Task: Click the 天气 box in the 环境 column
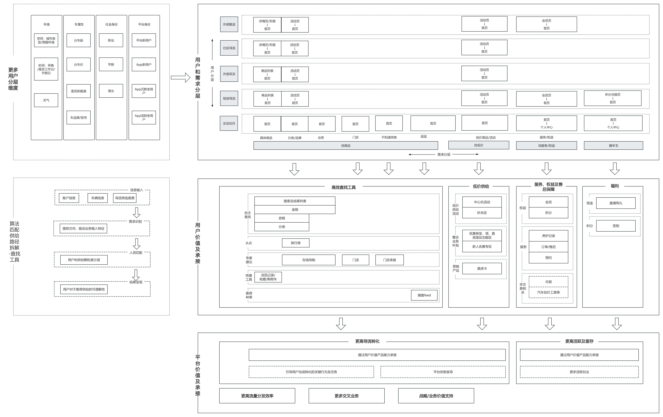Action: [x=46, y=100]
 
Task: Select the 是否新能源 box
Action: [x=78, y=91]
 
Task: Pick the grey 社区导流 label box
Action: [x=229, y=48]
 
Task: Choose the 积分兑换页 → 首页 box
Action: [x=613, y=98]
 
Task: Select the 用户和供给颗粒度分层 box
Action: [x=84, y=260]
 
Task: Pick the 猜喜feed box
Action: [x=424, y=295]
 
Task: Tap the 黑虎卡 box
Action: [x=482, y=268]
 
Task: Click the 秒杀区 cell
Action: [x=482, y=213]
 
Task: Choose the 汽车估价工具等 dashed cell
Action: [x=548, y=292]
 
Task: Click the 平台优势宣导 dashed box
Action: [x=443, y=372]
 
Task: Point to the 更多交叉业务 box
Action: [x=347, y=396]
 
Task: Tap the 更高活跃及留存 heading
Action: [x=579, y=341]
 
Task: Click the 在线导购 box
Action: [x=309, y=260]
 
